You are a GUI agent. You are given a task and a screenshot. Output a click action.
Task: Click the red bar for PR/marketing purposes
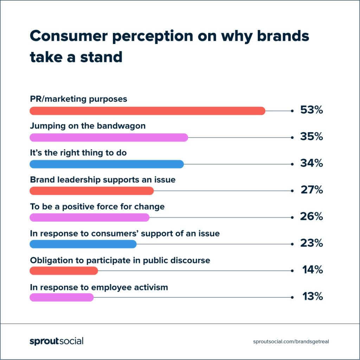(147, 111)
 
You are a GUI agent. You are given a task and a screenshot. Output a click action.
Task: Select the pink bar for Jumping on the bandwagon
(109, 137)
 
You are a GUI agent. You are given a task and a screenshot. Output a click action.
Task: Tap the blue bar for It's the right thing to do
(107, 164)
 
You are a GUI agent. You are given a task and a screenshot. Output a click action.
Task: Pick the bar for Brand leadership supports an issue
(92, 191)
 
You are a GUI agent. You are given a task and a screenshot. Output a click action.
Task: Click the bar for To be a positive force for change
(90, 218)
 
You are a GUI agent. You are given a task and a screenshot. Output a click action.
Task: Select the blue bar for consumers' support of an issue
(83, 244)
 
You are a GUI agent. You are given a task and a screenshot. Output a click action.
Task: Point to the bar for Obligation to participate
(64, 271)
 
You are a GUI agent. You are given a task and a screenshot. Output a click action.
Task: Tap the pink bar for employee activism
(62, 297)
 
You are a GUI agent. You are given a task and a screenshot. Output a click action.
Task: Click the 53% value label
(311, 110)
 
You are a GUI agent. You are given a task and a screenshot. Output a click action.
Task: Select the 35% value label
(311, 137)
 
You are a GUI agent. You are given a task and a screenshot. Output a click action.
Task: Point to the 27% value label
(311, 190)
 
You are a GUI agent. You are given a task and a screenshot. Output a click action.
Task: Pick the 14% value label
(312, 270)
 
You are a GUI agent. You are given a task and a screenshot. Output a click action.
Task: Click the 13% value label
(312, 297)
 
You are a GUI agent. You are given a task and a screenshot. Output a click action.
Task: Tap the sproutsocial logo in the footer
(56, 341)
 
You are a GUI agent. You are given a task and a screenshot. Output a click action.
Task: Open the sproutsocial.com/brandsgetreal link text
(291, 341)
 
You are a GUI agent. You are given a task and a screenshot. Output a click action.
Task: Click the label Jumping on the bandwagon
(88, 126)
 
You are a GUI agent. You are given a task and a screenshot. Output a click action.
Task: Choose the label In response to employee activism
(99, 287)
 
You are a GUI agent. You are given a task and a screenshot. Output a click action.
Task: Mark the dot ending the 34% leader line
(292, 164)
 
